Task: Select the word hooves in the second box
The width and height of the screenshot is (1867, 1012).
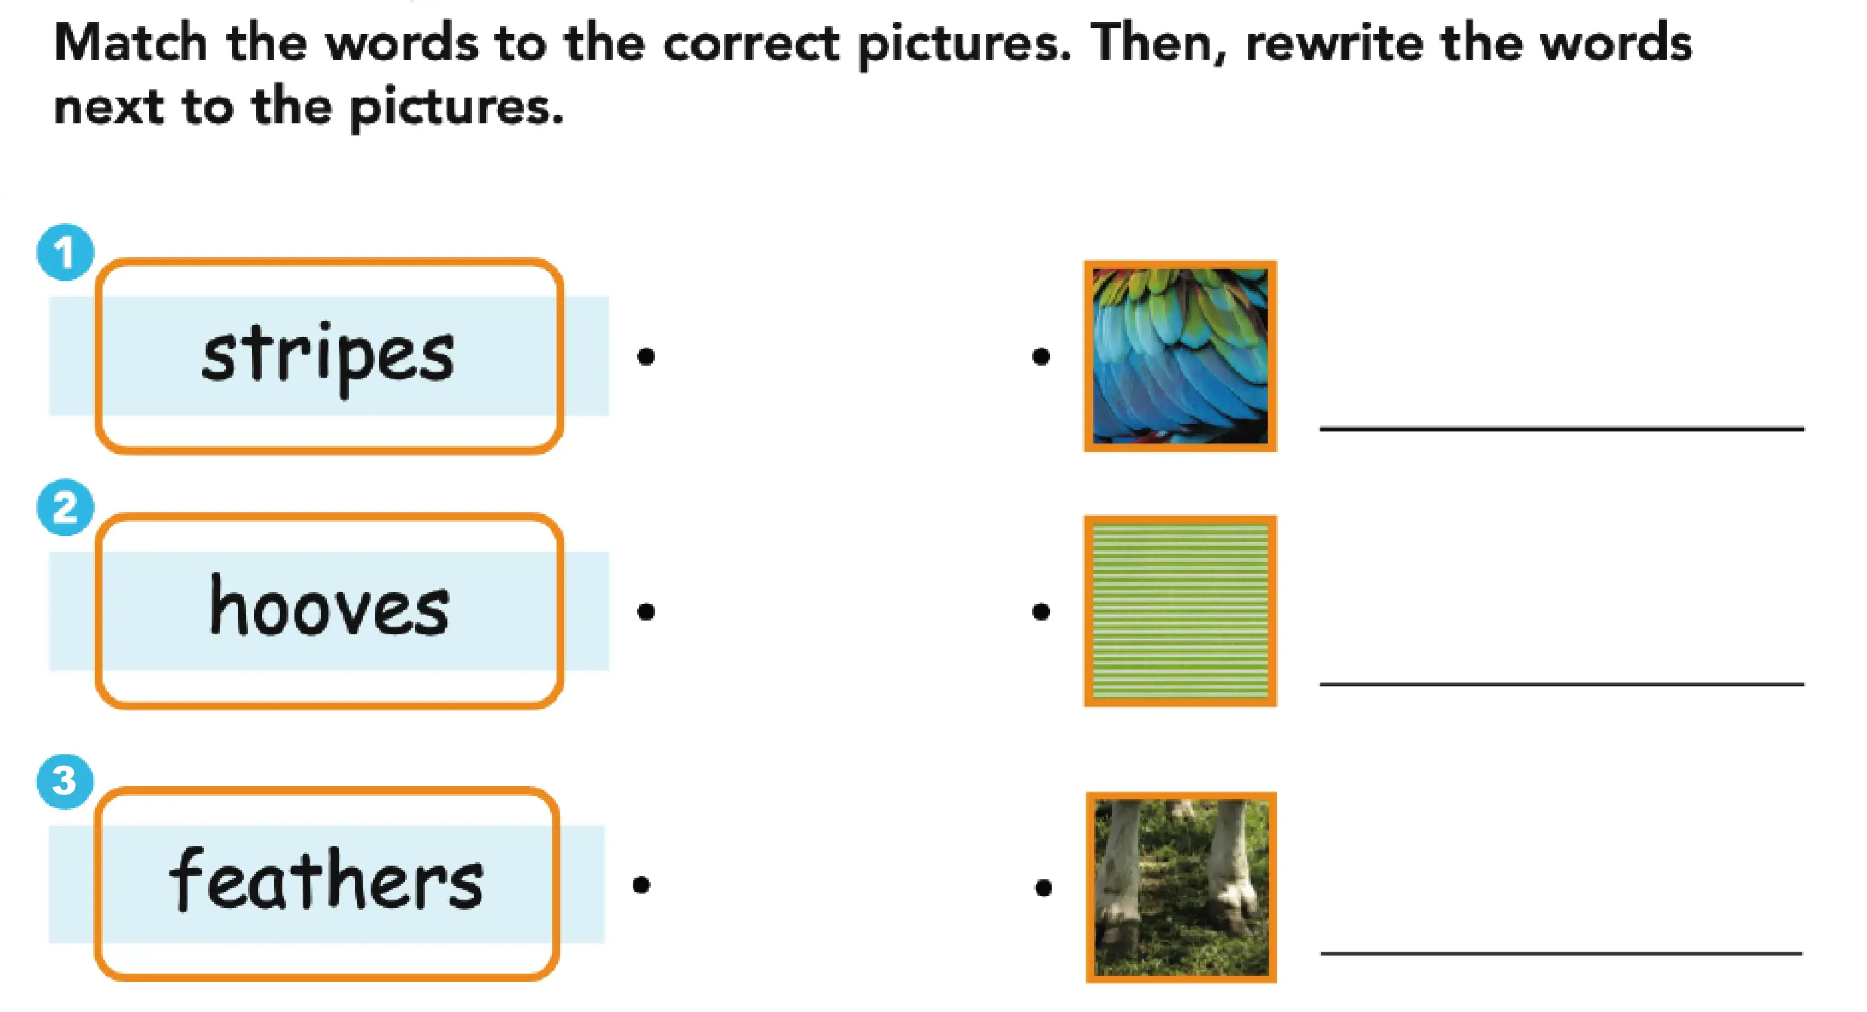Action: coord(330,606)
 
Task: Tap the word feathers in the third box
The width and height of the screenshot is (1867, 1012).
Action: coord(326,878)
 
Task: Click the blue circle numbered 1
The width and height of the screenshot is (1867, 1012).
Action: coord(65,252)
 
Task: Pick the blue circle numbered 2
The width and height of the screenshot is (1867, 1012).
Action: coord(65,507)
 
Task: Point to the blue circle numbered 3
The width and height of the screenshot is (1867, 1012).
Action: coord(65,781)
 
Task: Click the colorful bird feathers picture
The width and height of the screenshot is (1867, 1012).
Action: coord(1180,356)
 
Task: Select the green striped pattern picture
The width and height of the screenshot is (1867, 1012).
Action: coord(1180,611)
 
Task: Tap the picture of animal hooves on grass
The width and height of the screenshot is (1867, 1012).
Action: coord(1181,888)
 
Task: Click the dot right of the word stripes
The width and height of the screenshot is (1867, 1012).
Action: coord(646,356)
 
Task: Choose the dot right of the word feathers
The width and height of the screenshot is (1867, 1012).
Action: coord(640,884)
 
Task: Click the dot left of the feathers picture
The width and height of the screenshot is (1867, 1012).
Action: coord(1041,356)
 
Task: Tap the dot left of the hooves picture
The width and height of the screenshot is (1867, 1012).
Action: coord(1043,888)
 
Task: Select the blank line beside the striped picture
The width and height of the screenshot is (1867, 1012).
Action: coord(1562,684)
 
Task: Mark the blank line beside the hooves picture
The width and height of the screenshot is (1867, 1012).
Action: coord(1561,953)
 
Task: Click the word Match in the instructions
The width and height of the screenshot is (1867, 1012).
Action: coord(131,43)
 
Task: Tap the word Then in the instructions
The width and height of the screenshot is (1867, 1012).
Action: coord(1158,43)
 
